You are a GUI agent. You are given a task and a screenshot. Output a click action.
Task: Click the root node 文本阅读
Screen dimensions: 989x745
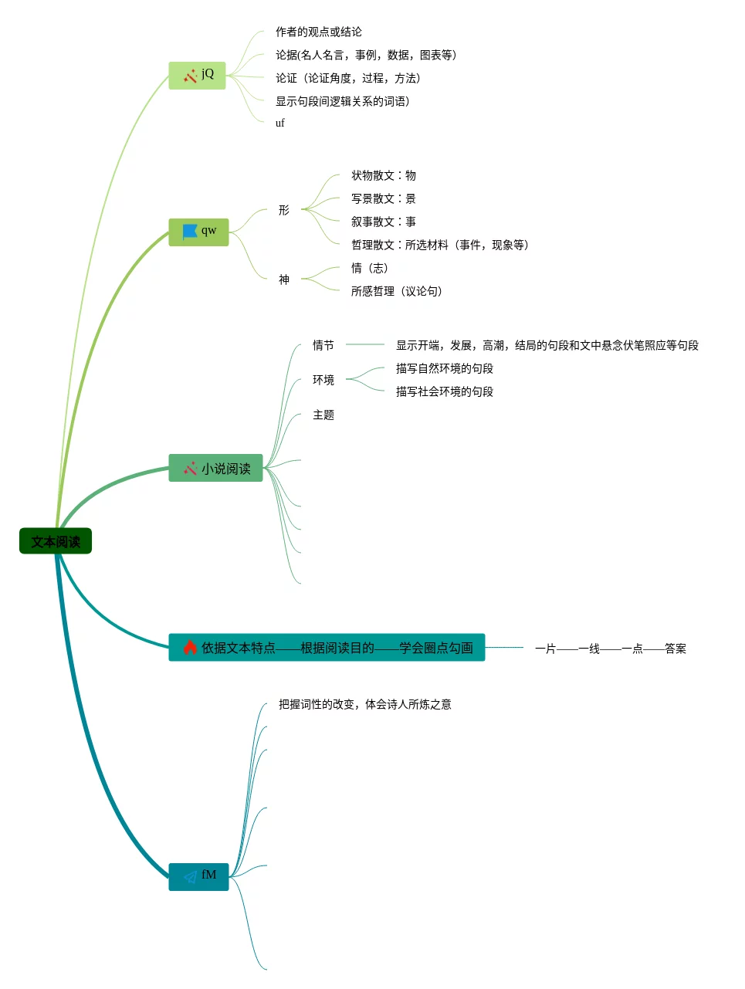click(x=56, y=541)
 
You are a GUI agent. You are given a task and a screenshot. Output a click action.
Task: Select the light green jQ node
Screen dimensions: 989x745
click(x=197, y=75)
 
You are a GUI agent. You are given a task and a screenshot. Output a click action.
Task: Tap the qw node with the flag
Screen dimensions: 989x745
click(x=198, y=232)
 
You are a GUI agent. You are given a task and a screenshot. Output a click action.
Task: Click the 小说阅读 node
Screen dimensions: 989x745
click(x=215, y=468)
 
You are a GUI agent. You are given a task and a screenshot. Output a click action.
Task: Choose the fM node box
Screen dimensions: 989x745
click(x=198, y=876)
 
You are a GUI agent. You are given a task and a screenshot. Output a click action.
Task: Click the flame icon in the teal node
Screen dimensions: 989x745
click(x=190, y=647)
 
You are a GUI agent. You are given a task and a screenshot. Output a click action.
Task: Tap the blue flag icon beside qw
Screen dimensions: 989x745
click(x=190, y=232)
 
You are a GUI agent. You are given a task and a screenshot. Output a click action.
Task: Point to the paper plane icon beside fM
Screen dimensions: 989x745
click(x=190, y=876)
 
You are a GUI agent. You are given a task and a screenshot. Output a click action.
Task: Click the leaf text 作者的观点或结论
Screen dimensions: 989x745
click(x=318, y=32)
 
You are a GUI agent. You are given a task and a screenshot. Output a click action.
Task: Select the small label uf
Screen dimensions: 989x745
click(x=279, y=123)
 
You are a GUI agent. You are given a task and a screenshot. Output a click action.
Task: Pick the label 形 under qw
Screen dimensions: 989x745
click(x=284, y=210)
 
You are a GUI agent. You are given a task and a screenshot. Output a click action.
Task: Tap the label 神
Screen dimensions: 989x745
click(x=284, y=279)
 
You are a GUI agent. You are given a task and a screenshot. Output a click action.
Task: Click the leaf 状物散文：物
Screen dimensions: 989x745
click(x=383, y=175)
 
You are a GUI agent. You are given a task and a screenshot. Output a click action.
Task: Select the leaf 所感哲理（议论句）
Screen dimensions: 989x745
click(x=396, y=291)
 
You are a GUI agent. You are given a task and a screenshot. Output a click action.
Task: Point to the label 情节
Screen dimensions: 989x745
click(x=323, y=345)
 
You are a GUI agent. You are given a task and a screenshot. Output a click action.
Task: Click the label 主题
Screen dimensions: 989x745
click(x=323, y=415)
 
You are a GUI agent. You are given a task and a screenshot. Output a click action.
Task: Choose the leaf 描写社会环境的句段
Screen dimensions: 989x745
click(x=444, y=391)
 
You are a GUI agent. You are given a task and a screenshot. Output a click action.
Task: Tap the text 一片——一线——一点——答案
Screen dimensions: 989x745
click(x=610, y=649)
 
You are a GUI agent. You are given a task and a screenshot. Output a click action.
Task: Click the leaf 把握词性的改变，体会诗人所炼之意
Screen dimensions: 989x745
click(x=364, y=704)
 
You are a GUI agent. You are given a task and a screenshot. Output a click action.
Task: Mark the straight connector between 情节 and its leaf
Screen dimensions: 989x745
click(x=364, y=344)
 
